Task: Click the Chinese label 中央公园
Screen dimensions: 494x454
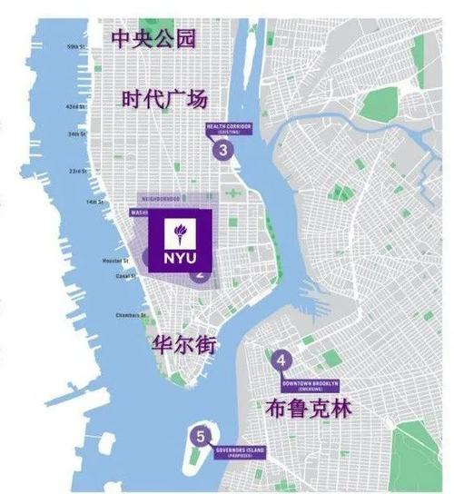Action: tap(153, 38)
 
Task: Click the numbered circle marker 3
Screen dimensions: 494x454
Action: tap(222, 151)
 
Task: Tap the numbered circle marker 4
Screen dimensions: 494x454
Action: tap(282, 361)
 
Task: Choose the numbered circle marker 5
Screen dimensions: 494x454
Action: tap(201, 436)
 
